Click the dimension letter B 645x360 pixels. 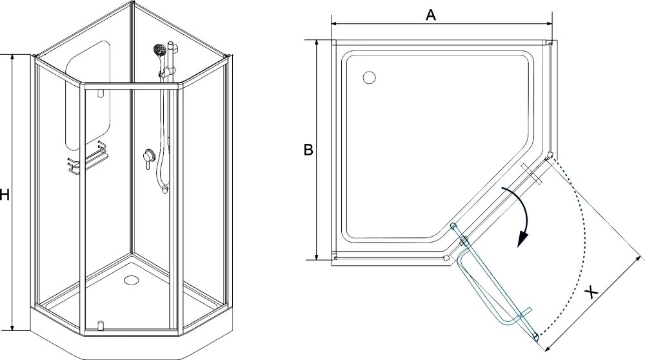pyautogui.click(x=308, y=150)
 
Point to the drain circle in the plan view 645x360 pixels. pyautogui.click(x=370, y=77)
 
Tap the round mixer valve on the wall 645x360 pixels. pyautogui.click(x=148, y=155)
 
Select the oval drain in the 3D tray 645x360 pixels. pyautogui.click(x=132, y=280)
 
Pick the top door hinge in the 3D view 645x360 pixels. pyautogui.click(x=100, y=93)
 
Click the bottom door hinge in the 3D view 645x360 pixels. pyautogui.click(x=100, y=323)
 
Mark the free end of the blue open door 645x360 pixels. pyautogui.click(x=535, y=335)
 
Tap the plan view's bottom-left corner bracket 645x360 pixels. pyautogui.click(x=334, y=260)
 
